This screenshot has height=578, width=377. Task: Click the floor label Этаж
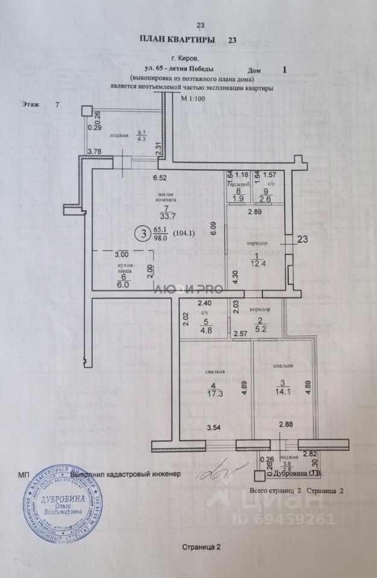[x=31, y=104]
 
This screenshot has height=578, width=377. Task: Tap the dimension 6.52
[x=159, y=178]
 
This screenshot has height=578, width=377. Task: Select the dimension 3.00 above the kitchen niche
[x=122, y=255]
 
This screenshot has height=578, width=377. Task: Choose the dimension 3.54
[x=214, y=428]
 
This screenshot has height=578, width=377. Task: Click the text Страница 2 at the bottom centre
[x=201, y=547]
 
